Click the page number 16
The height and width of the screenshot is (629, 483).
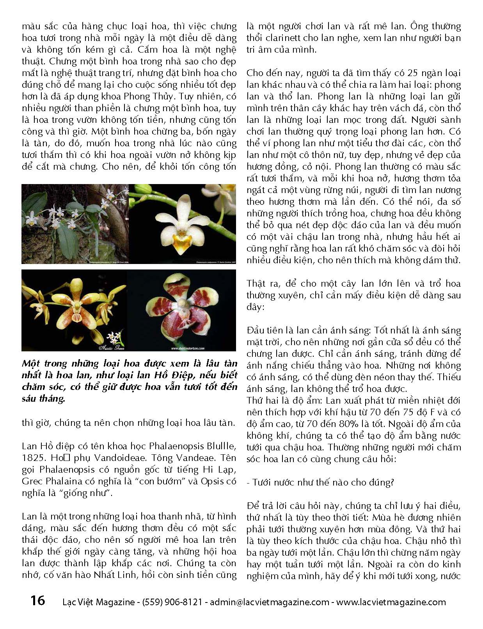tap(37, 600)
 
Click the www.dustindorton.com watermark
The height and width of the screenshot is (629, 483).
tap(187, 348)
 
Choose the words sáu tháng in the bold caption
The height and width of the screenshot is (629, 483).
tap(43, 399)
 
